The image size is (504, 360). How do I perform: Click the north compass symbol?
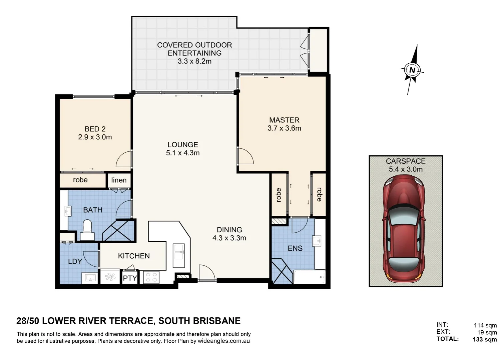point(412,70)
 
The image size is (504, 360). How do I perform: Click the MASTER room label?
point(284,120)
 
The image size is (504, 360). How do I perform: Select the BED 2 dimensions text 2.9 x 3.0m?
point(95,137)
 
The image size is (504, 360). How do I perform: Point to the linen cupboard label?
point(119,180)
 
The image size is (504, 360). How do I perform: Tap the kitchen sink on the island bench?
point(179,252)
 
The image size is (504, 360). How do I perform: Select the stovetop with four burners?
point(151,277)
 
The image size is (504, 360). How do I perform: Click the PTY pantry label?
point(130,278)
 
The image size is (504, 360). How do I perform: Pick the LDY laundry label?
point(75,261)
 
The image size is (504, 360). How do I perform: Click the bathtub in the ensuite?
point(309,277)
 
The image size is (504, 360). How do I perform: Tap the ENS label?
point(295,248)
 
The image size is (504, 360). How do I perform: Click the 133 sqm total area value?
point(485,340)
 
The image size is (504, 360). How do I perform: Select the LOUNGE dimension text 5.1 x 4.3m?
point(183,153)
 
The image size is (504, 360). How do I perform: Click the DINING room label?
point(229,230)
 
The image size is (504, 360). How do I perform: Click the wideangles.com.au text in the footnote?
point(223,341)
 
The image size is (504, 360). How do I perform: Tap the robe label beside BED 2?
point(80,180)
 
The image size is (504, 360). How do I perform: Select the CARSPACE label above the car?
point(406,161)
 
